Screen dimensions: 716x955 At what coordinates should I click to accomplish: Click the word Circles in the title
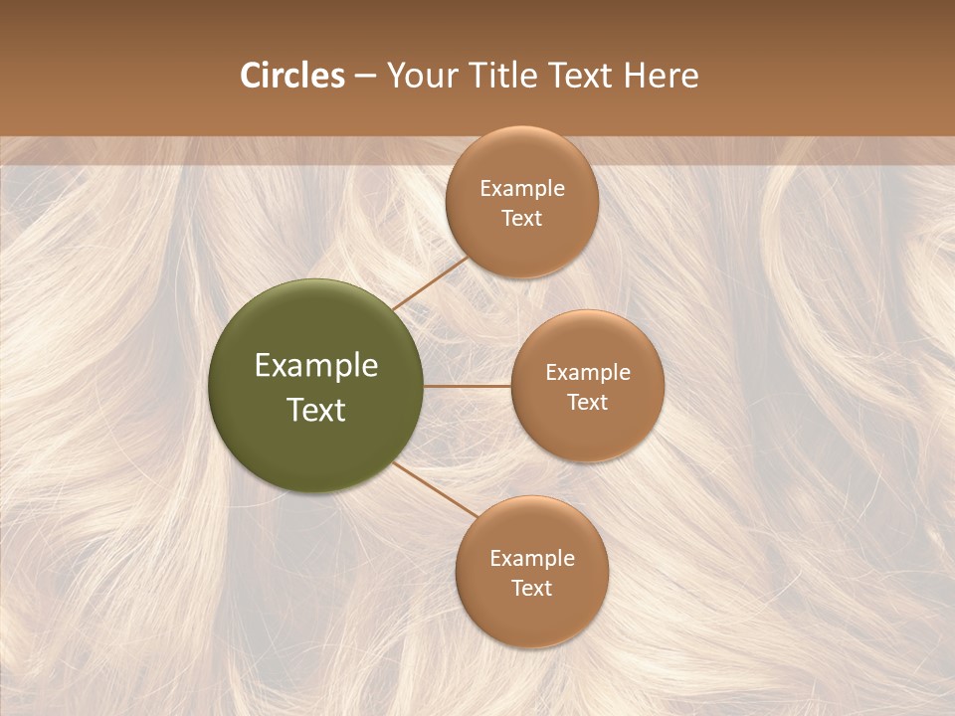point(292,76)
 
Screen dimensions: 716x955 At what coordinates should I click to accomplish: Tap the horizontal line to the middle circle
point(468,386)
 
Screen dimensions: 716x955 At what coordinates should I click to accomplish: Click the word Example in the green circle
point(316,366)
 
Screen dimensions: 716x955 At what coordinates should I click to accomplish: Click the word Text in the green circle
point(316,410)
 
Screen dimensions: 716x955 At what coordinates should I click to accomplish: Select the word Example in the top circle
point(521,189)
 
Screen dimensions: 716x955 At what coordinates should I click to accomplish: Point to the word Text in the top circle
point(521,219)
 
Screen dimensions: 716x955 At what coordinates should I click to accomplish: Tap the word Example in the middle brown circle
point(587,373)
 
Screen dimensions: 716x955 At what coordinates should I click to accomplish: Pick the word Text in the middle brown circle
point(587,403)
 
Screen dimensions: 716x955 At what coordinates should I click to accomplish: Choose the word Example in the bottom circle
point(531,559)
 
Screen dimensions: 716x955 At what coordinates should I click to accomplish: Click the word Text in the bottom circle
point(531,589)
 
